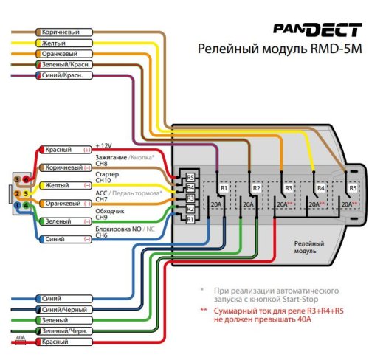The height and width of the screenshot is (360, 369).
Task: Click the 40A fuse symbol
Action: click(21, 342)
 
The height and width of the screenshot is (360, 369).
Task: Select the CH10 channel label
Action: click(104, 180)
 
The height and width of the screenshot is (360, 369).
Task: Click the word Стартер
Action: click(109, 173)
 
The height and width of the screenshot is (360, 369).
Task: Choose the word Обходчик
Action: click(111, 210)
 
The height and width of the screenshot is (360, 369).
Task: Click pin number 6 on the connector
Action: click(27, 179)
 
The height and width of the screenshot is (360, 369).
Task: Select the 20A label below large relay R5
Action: click(347, 204)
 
